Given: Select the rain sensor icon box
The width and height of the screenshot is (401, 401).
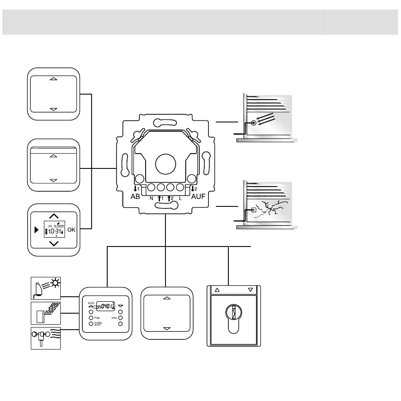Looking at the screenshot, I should point(46,313).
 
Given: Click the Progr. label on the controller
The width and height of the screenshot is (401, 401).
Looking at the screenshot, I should point(97,317).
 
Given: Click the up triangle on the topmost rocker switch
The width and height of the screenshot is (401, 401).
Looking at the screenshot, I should point(53,79).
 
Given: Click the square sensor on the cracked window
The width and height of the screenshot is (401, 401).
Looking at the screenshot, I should point(253,210).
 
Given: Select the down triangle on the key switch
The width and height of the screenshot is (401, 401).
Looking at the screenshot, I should point(250,290).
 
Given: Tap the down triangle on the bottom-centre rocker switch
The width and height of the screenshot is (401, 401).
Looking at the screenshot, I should point(166,328).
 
